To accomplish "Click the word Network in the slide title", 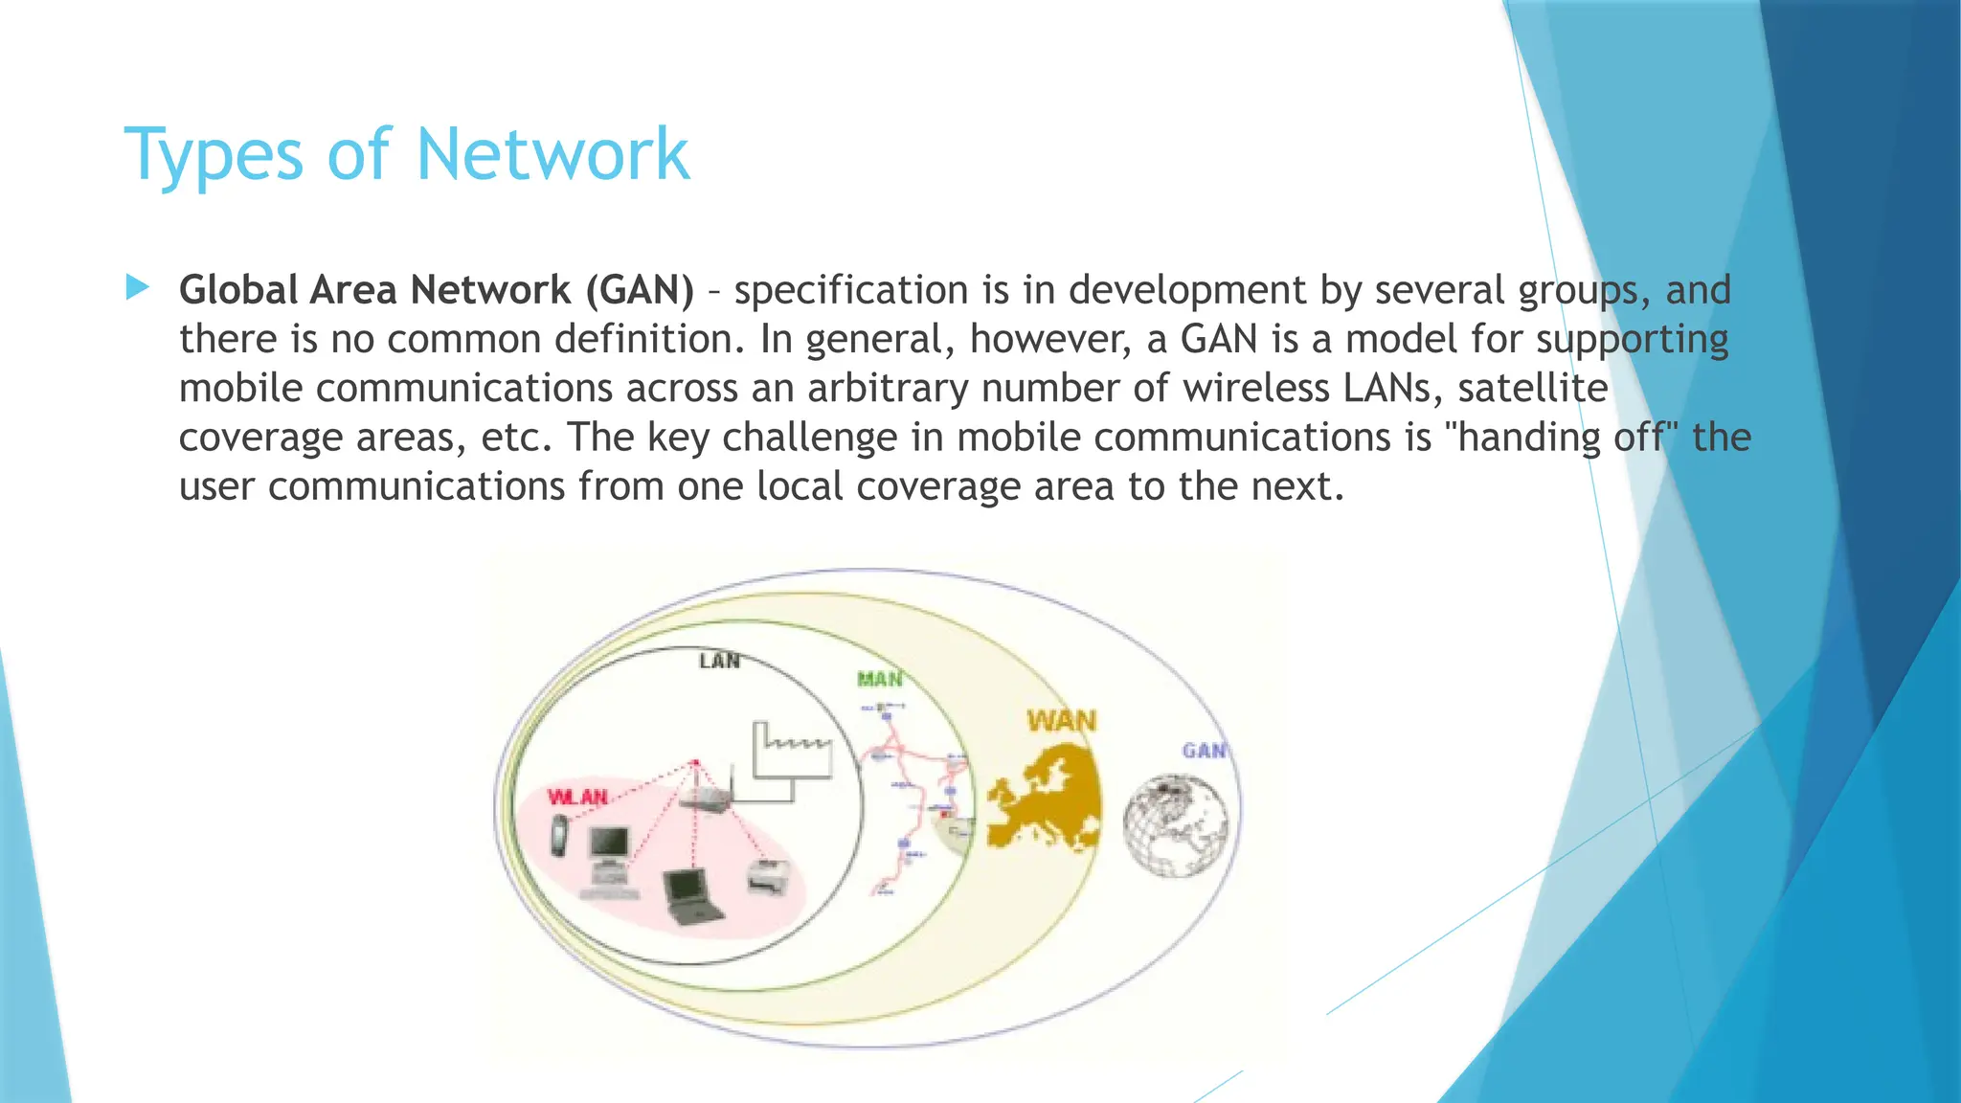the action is (552, 154).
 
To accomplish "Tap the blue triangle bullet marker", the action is (138, 286).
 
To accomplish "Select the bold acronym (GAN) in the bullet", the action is (640, 290).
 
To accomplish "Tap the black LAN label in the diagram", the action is (719, 661).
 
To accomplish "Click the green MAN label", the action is (879, 679).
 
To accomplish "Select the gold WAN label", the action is (1061, 720).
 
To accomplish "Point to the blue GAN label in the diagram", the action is (1204, 751).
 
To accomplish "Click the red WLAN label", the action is (577, 797).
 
